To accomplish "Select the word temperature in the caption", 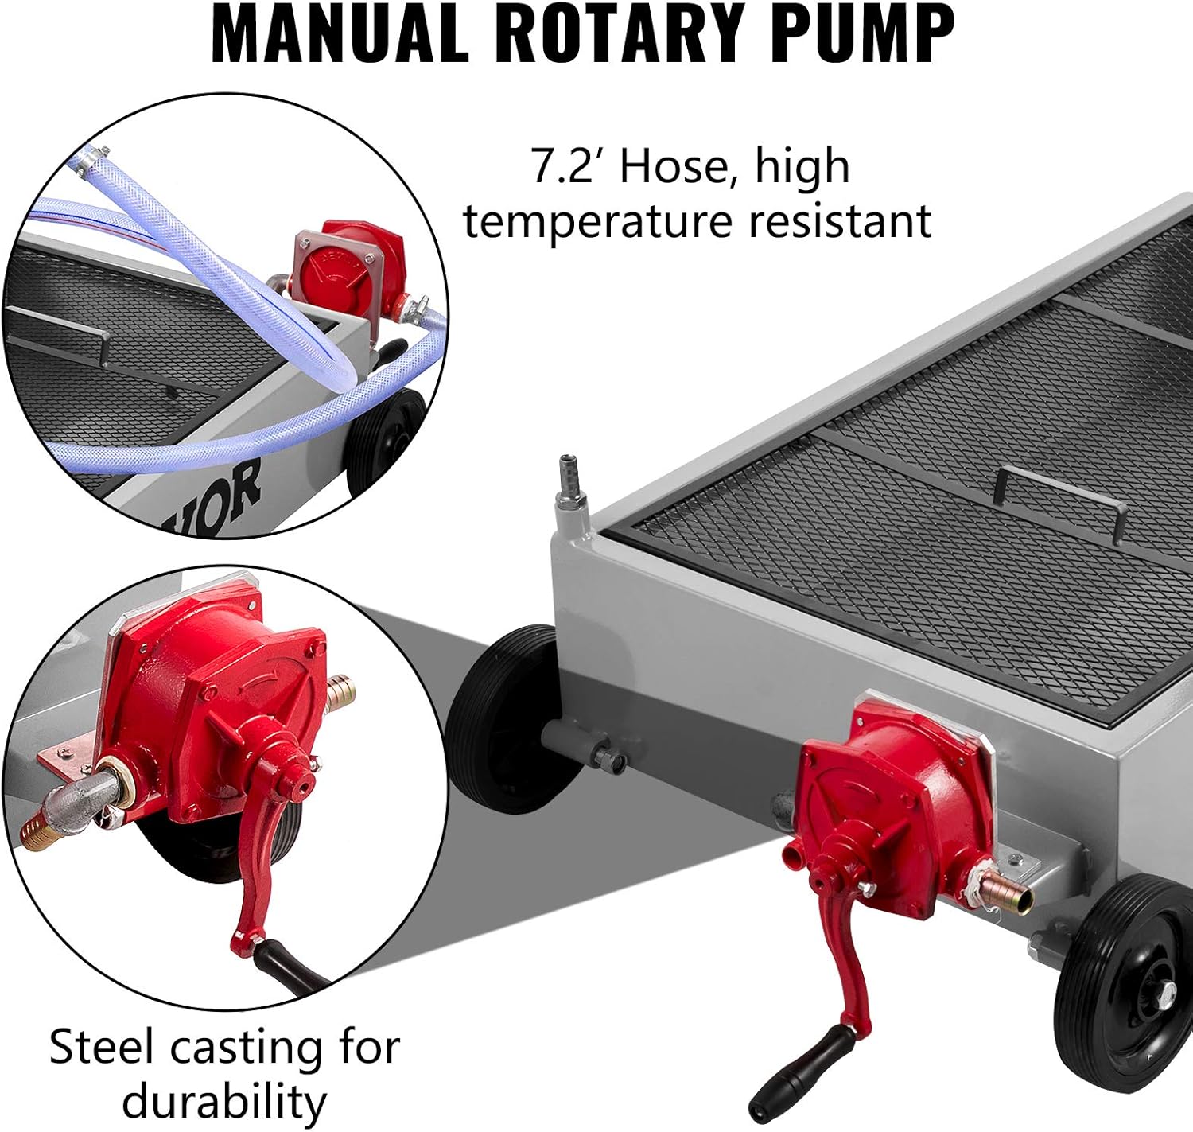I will point(596,220).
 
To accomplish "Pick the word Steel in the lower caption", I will point(101,1047).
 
